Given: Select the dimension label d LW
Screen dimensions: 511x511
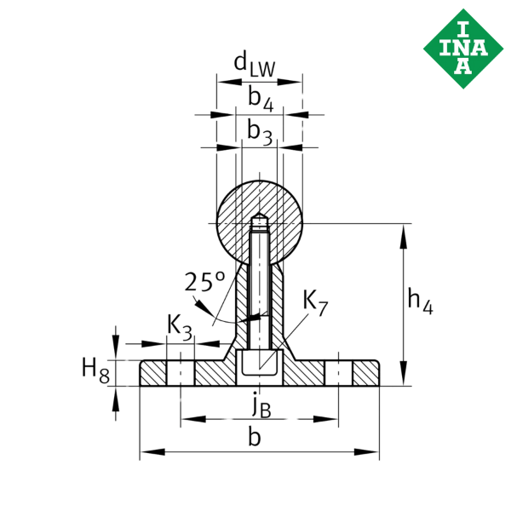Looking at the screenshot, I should pos(254,66).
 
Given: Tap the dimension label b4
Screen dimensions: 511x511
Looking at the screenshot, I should pos(260,99).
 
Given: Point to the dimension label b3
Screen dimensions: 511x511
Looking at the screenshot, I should pos(260,132).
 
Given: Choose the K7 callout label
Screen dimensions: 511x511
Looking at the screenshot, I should pos(314,302).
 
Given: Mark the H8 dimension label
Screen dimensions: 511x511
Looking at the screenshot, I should pos(95,370).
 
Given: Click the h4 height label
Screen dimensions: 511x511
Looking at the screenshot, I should pos(420,302).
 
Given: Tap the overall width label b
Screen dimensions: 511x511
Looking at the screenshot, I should pos(254,438).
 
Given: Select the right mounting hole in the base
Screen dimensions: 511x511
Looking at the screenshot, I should pos(338,374).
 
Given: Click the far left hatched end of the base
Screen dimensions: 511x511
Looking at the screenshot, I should pos(153,374).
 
